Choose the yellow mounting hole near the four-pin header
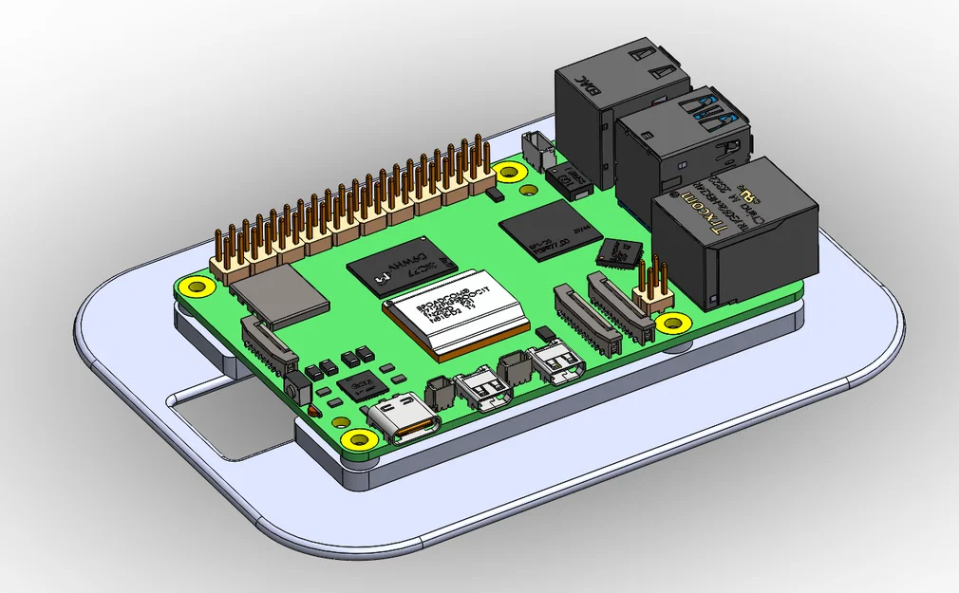pyautogui.click(x=673, y=324)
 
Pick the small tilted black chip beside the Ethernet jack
pyautogui.click(x=619, y=251)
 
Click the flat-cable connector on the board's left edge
pyautogui.click(x=269, y=344)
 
